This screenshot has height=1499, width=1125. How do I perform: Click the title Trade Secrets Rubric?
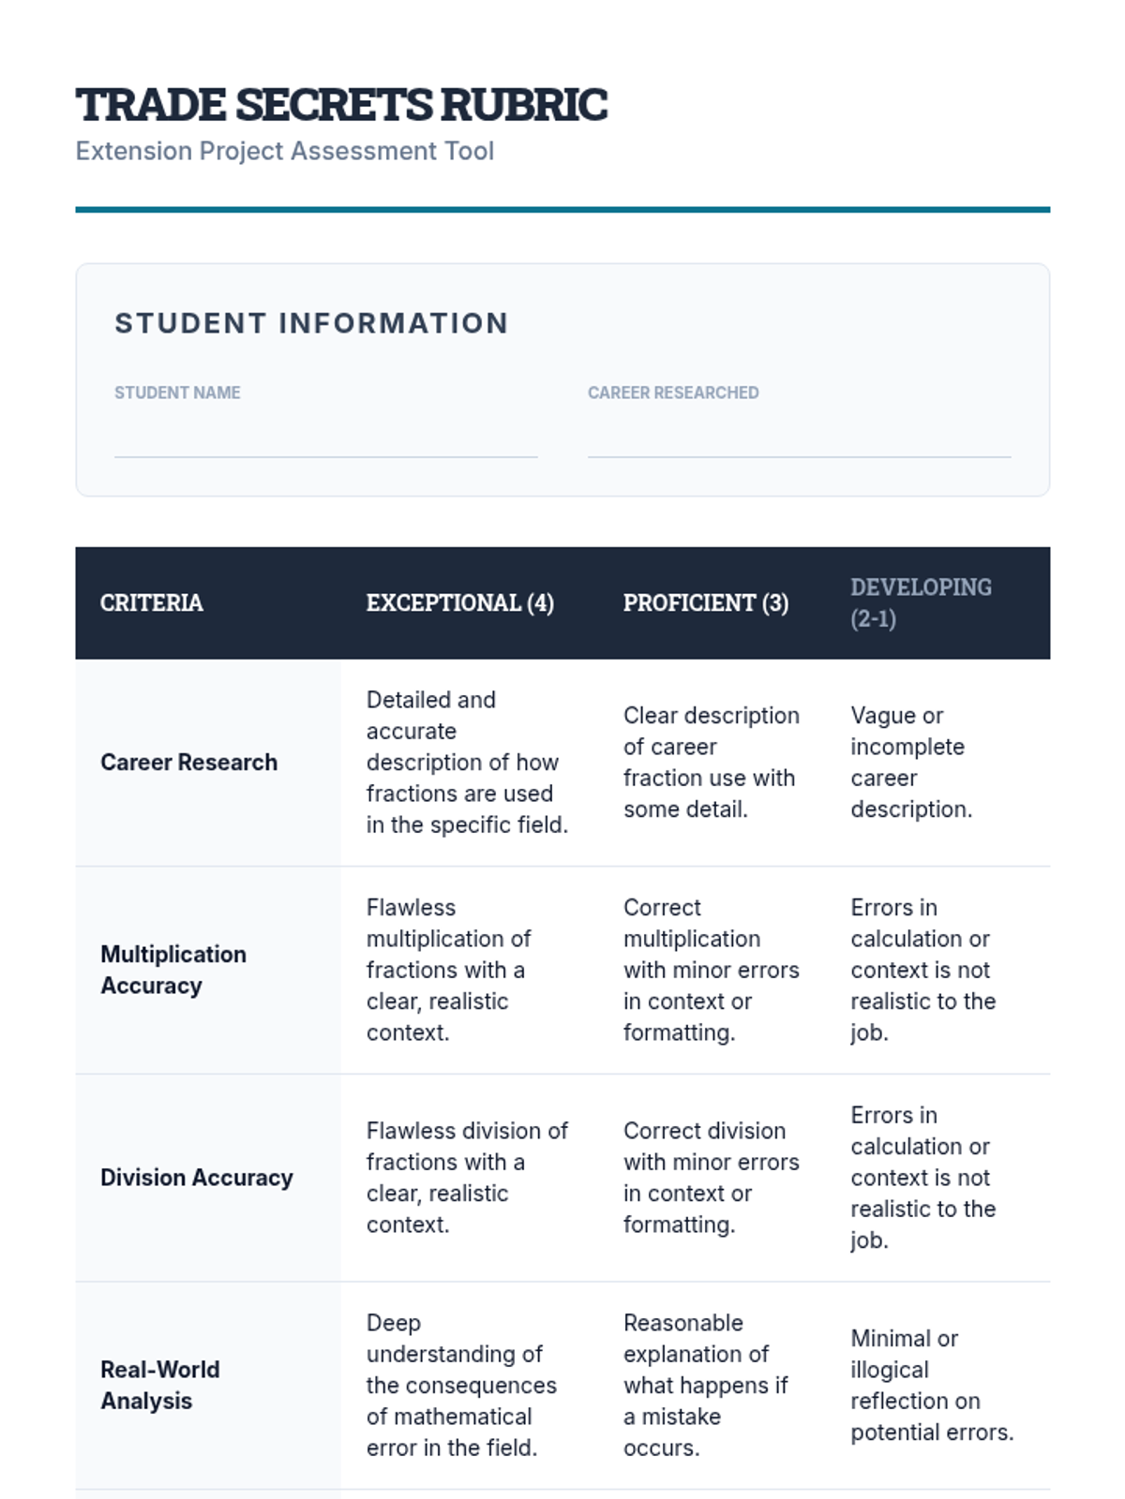point(341,105)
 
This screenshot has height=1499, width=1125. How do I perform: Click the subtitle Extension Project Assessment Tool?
point(284,151)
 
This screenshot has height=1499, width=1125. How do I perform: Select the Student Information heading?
point(311,323)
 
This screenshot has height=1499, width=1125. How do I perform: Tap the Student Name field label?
point(177,393)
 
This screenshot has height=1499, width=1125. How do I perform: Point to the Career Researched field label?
point(673,393)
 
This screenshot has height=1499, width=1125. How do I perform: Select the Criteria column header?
point(152,602)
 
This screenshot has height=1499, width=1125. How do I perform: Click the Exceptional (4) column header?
point(459,602)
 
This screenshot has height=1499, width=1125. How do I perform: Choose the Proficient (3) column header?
point(705,602)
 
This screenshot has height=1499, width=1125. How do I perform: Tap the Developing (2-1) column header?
point(921,602)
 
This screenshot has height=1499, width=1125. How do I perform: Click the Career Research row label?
point(189,763)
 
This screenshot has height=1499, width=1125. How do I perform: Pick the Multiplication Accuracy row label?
point(173,970)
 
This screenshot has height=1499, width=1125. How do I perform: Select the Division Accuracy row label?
point(197,1178)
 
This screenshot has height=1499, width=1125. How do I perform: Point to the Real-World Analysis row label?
point(160,1385)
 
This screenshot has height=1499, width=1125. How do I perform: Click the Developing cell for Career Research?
point(910,763)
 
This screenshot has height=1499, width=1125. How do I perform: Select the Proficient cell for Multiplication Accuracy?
point(711,970)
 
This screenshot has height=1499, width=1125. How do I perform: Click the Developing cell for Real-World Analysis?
point(931,1385)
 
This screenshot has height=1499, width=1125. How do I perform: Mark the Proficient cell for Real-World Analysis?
point(705,1385)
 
